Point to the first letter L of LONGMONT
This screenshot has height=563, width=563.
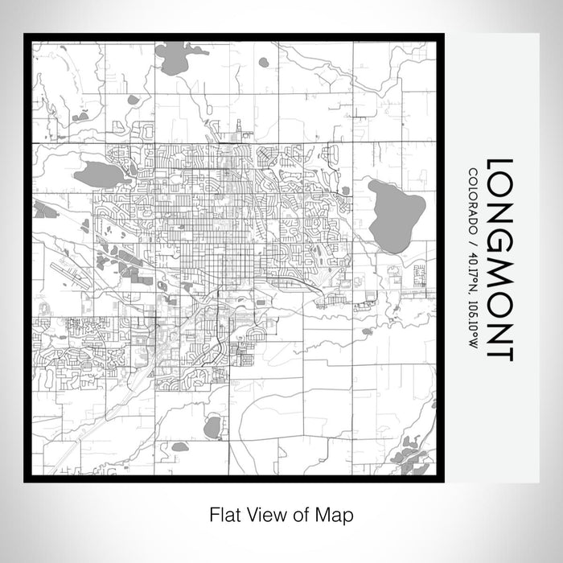499,167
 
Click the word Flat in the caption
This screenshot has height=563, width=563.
224,514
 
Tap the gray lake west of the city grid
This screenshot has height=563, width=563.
98,174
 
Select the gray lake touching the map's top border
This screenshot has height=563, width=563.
171,57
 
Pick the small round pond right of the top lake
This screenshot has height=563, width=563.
263,62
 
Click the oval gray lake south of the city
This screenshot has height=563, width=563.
212,427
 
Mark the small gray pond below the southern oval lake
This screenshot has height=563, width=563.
180,446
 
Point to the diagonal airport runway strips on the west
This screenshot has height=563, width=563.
71,273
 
